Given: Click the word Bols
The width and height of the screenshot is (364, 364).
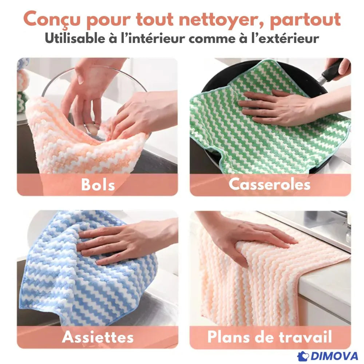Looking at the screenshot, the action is click(98, 185).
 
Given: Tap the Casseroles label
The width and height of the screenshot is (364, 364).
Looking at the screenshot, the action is click(269, 184).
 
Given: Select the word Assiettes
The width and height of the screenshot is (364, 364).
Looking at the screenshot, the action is click(98, 337).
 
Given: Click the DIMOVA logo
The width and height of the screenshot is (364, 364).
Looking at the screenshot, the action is click(328, 356).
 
